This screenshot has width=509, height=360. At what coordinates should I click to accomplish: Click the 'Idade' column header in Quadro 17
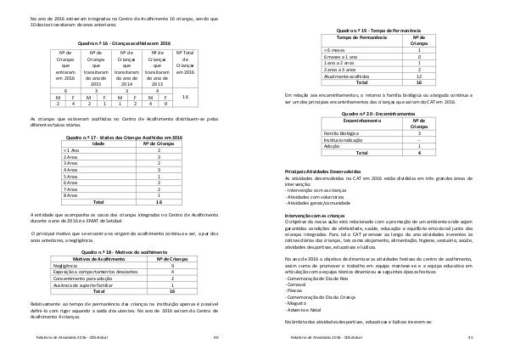(98, 143)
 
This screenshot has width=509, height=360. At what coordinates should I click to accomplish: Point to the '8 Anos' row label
(72, 194)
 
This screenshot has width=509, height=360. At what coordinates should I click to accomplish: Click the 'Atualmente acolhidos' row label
(347, 77)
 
